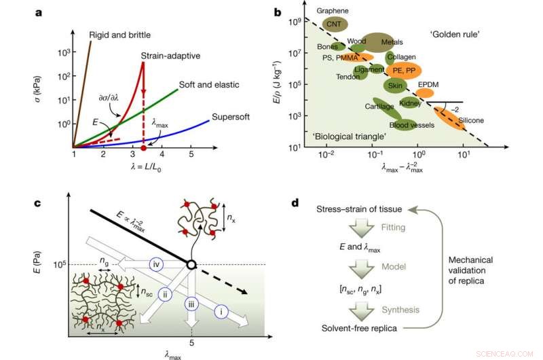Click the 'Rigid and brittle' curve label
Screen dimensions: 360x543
click(x=120, y=35)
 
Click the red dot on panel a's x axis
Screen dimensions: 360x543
click(x=143, y=147)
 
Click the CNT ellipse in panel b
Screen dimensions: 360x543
click(x=335, y=24)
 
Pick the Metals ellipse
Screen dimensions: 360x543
click(x=377, y=42)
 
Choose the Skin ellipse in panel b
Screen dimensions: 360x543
click(x=394, y=86)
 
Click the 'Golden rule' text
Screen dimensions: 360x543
click(x=454, y=34)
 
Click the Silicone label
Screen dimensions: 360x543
click(x=471, y=120)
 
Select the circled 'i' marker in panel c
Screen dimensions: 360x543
click(x=221, y=311)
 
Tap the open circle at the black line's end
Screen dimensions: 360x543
click(x=193, y=265)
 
